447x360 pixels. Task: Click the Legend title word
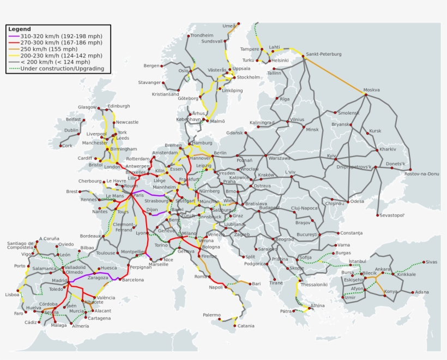[x=20, y=29]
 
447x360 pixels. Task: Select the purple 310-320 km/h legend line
[x=14, y=36]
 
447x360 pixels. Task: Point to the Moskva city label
[x=372, y=90]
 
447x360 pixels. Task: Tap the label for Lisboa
[x=12, y=295]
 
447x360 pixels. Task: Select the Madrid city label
[x=59, y=280]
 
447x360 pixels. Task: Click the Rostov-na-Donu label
[x=422, y=174]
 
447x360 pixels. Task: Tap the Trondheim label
[x=202, y=35]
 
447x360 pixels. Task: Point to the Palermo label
[x=212, y=315]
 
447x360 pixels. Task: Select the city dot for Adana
[x=412, y=292]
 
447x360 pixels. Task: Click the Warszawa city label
[x=280, y=158]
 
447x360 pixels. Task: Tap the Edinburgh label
[x=119, y=106]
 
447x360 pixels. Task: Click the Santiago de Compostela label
[x=20, y=245]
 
